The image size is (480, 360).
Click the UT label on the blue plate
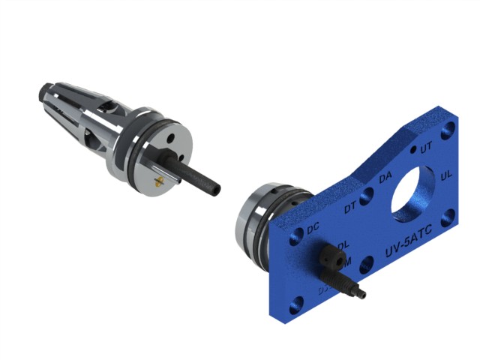pyautogui.click(x=426, y=148)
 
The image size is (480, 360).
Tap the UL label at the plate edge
pyautogui.click(x=446, y=175)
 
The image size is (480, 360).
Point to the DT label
pyautogui.click(x=350, y=208)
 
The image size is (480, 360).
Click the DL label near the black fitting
pyautogui.click(x=343, y=245)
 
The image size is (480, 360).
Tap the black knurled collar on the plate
pyautogui.click(x=331, y=259)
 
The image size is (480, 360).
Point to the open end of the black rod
pyautogui.click(x=214, y=187)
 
